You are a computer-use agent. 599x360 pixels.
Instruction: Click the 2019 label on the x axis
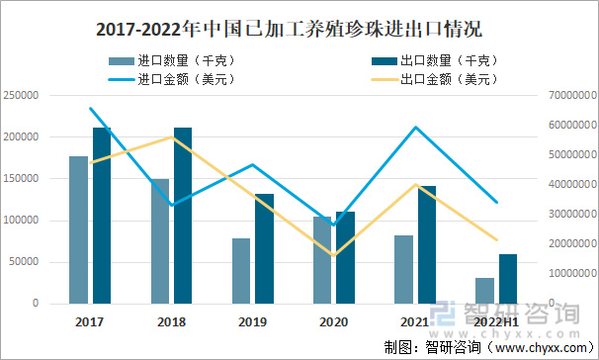[252, 321]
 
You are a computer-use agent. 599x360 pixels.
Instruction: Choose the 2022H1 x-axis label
[496, 321]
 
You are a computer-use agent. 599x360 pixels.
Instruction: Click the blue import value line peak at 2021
[415, 127]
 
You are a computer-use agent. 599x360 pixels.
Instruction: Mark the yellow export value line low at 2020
[333, 255]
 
